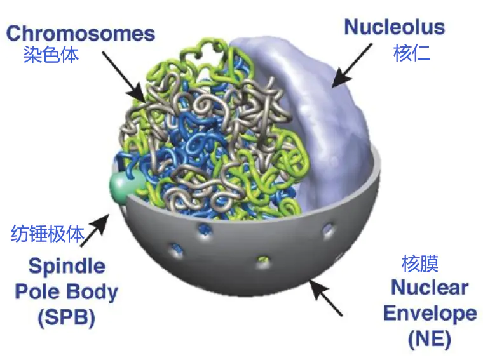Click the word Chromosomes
(81, 33)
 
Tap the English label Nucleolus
(395, 27)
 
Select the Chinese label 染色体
(51, 55)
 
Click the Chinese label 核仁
(412, 53)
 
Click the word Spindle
(67, 267)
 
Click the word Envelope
(430, 314)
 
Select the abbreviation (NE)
(430, 340)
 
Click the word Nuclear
(430, 288)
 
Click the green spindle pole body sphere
(123, 185)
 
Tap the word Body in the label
(93, 292)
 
